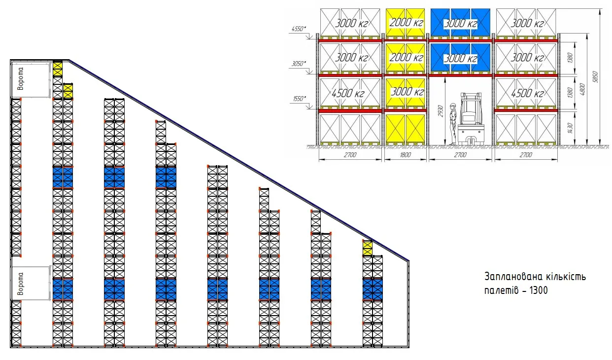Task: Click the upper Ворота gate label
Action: pyautogui.click(x=20, y=79)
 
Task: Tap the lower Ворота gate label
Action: pyautogui.click(x=20, y=284)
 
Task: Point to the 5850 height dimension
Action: pyautogui.click(x=596, y=76)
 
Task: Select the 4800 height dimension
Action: pyautogui.click(x=582, y=89)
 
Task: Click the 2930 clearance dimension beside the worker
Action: pyautogui.click(x=441, y=110)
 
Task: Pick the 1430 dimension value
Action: pyautogui.click(x=570, y=128)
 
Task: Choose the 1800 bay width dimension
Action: pyautogui.click(x=405, y=155)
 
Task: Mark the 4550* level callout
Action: pyautogui.click(x=299, y=29)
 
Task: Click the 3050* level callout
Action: pyautogui.click(x=299, y=64)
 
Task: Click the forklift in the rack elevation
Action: pyautogui.click(x=471, y=119)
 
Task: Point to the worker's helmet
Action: pyautogui.click(x=453, y=105)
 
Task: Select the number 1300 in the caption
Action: pyautogui.click(x=538, y=290)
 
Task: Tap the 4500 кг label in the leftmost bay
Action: pyautogui.click(x=348, y=94)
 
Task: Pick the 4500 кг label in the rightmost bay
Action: pyautogui.click(x=527, y=94)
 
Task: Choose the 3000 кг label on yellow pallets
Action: pyautogui.click(x=408, y=92)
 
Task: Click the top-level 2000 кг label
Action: pyautogui.click(x=406, y=22)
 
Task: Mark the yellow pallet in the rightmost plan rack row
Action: pyautogui.click(x=367, y=248)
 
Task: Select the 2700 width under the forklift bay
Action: pyautogui.click(x=460, y=155)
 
